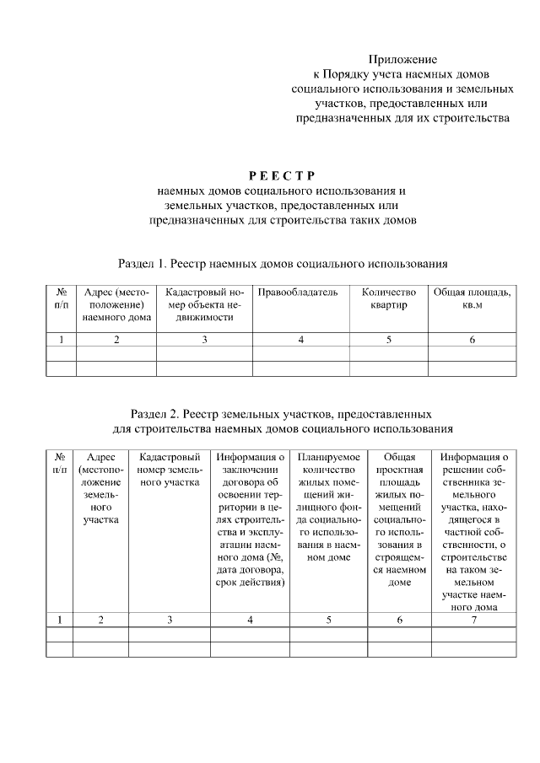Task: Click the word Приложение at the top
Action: tap(402, 59)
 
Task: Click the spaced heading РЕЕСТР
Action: tap(282, 175)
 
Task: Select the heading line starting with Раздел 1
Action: tap(282, 264)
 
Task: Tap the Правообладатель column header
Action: tap(298, 293)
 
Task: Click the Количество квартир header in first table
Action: tap(388, 298)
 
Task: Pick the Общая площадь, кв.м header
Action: tap(472, 298)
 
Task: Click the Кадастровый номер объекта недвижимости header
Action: tap(204, 304)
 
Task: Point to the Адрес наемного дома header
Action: tap(116, 304)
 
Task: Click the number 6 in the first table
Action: tap(472, 340)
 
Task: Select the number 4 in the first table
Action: tap(300, 340)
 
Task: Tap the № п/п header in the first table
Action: tap(61, 298)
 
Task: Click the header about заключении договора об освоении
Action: tap(250, 519)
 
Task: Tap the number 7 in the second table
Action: tap(474, 620)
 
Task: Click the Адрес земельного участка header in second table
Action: tap(100, 488)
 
